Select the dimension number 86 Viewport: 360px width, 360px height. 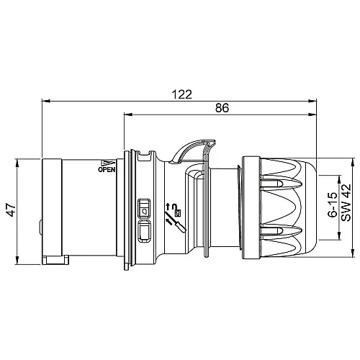point(222,108)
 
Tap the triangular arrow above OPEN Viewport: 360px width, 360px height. point(107,163)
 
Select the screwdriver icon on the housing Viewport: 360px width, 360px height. point(176,222)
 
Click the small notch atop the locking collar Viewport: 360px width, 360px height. point(148,153)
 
